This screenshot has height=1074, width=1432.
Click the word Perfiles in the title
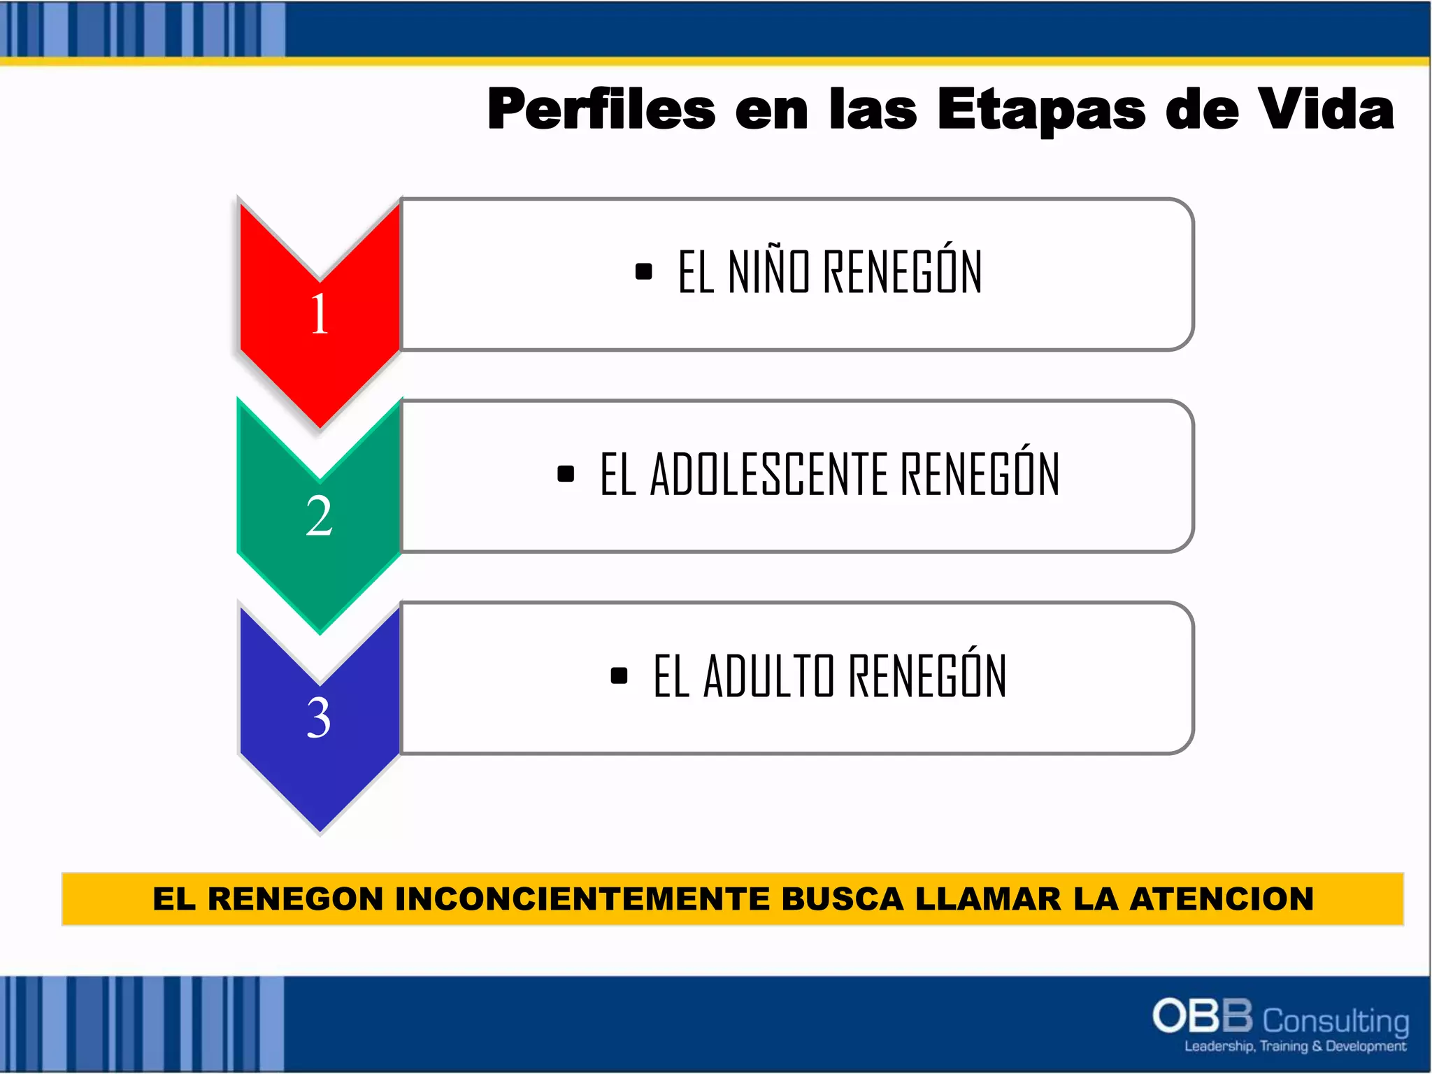point(601,110)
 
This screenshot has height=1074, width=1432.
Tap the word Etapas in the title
point(1041,110)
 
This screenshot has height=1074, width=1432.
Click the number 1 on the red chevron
point(320,314)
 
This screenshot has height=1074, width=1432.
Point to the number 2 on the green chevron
point(319,516)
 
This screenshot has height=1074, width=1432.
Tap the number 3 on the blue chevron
point(319,718)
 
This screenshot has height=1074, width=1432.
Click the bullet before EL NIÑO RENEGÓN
point(643,271)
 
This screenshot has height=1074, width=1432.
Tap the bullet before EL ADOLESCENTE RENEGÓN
point(566,474)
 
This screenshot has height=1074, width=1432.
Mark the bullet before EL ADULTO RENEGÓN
point(619,676)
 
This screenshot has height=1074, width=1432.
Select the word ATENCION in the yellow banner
point(1222,899)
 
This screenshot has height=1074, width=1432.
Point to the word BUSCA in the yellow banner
point(843,899)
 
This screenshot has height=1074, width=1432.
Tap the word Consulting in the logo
point(1336,1022)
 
